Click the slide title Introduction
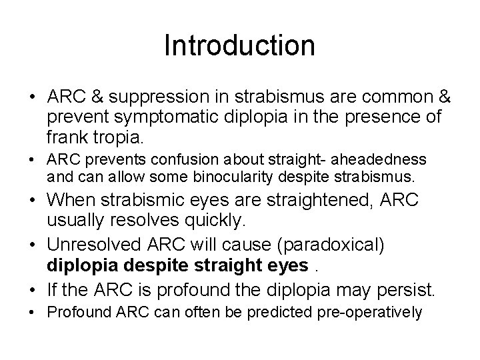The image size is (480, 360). coord(239,46)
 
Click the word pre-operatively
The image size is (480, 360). coord(379,313)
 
